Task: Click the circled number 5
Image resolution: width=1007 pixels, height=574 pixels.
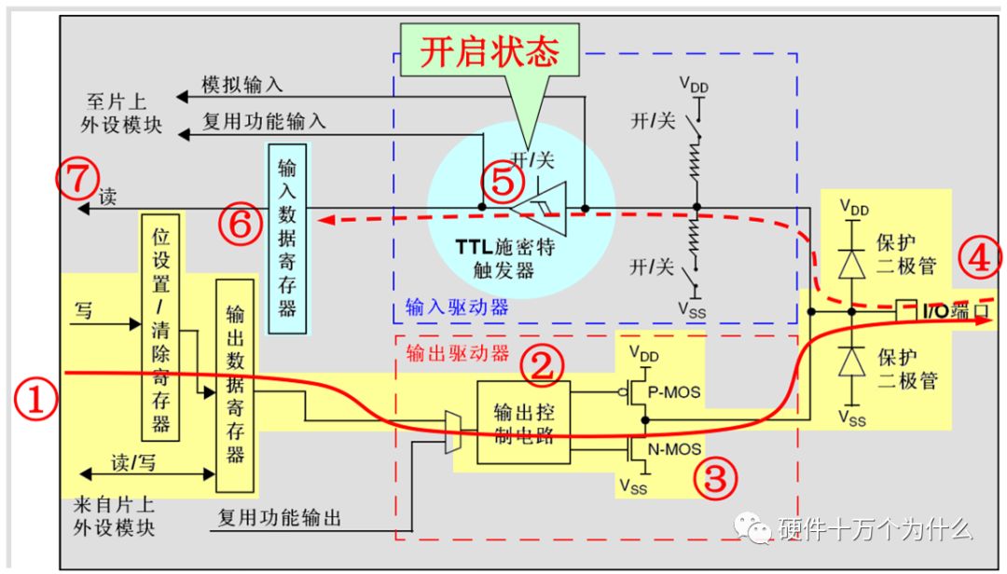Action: click(502, 182)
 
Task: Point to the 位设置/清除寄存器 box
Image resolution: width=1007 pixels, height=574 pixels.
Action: click(161, 325)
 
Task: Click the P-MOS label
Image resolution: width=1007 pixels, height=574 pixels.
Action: click(674, 392)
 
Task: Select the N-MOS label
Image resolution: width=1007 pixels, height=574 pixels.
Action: click(674, 449)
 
